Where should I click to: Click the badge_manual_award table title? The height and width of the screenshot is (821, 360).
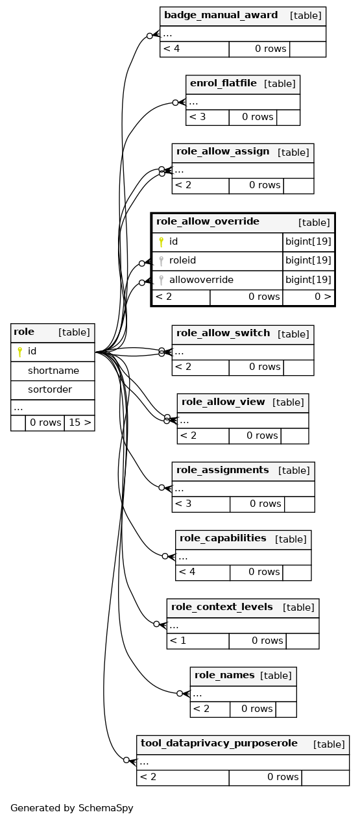pos(221,15)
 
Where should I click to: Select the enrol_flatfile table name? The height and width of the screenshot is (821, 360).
pos(223,83)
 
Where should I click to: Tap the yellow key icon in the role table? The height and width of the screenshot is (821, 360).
pos(19,352)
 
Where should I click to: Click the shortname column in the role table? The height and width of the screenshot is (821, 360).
pos(53,371)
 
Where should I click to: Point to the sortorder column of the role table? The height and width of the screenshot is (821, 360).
pos(50,389)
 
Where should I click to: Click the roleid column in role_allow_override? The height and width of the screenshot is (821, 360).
pos(182,260)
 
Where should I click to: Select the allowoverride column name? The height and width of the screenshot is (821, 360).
pos(201,280)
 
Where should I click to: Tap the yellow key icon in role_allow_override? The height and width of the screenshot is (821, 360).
pos(161,242)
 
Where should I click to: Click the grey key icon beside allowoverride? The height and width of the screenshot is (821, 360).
pos(161,280)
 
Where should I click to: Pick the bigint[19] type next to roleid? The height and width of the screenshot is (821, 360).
pos(308,261)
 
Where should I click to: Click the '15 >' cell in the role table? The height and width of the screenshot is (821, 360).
pos(80,423)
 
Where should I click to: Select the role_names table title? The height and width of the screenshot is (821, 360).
pos(224,675)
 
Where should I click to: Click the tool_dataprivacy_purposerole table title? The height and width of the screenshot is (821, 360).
pos(219,743)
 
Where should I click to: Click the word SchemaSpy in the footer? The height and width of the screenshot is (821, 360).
pos(106,808)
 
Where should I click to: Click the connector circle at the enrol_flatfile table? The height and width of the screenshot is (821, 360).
pos(175,103)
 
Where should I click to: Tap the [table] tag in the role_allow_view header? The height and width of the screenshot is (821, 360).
pos(288,402)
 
